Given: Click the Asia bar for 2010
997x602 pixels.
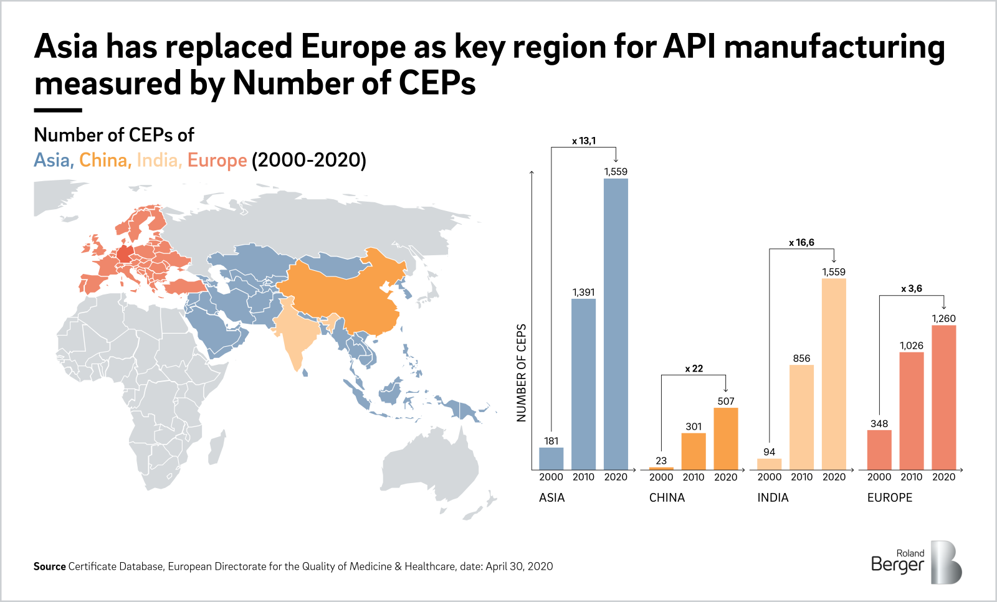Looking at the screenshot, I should [583, 384].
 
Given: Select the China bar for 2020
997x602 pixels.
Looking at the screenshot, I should [725, 439].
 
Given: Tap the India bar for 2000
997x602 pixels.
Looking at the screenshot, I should [769, 464].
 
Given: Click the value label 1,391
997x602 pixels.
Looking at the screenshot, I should [583, 292].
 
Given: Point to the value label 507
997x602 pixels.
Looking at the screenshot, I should [725, 401].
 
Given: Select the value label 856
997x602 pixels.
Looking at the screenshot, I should [801, 358].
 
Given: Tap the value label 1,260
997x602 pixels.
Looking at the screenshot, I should [943, 318].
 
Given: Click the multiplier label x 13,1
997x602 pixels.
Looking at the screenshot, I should [583, 141].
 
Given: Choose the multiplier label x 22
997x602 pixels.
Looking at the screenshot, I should [694, 369].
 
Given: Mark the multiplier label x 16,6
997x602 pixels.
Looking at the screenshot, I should [801, 242].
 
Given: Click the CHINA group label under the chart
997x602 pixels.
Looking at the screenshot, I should [667, 497].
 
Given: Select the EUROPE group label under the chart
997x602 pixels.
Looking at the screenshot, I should [889, 497].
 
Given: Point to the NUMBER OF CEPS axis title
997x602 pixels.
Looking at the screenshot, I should [522, 372].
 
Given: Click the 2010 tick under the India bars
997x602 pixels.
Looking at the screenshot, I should [801, 477].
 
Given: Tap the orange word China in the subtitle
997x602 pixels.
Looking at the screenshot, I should [103, 160].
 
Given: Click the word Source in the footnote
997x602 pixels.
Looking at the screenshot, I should [49, 566].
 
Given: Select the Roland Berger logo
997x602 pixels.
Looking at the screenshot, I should [916, 562].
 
